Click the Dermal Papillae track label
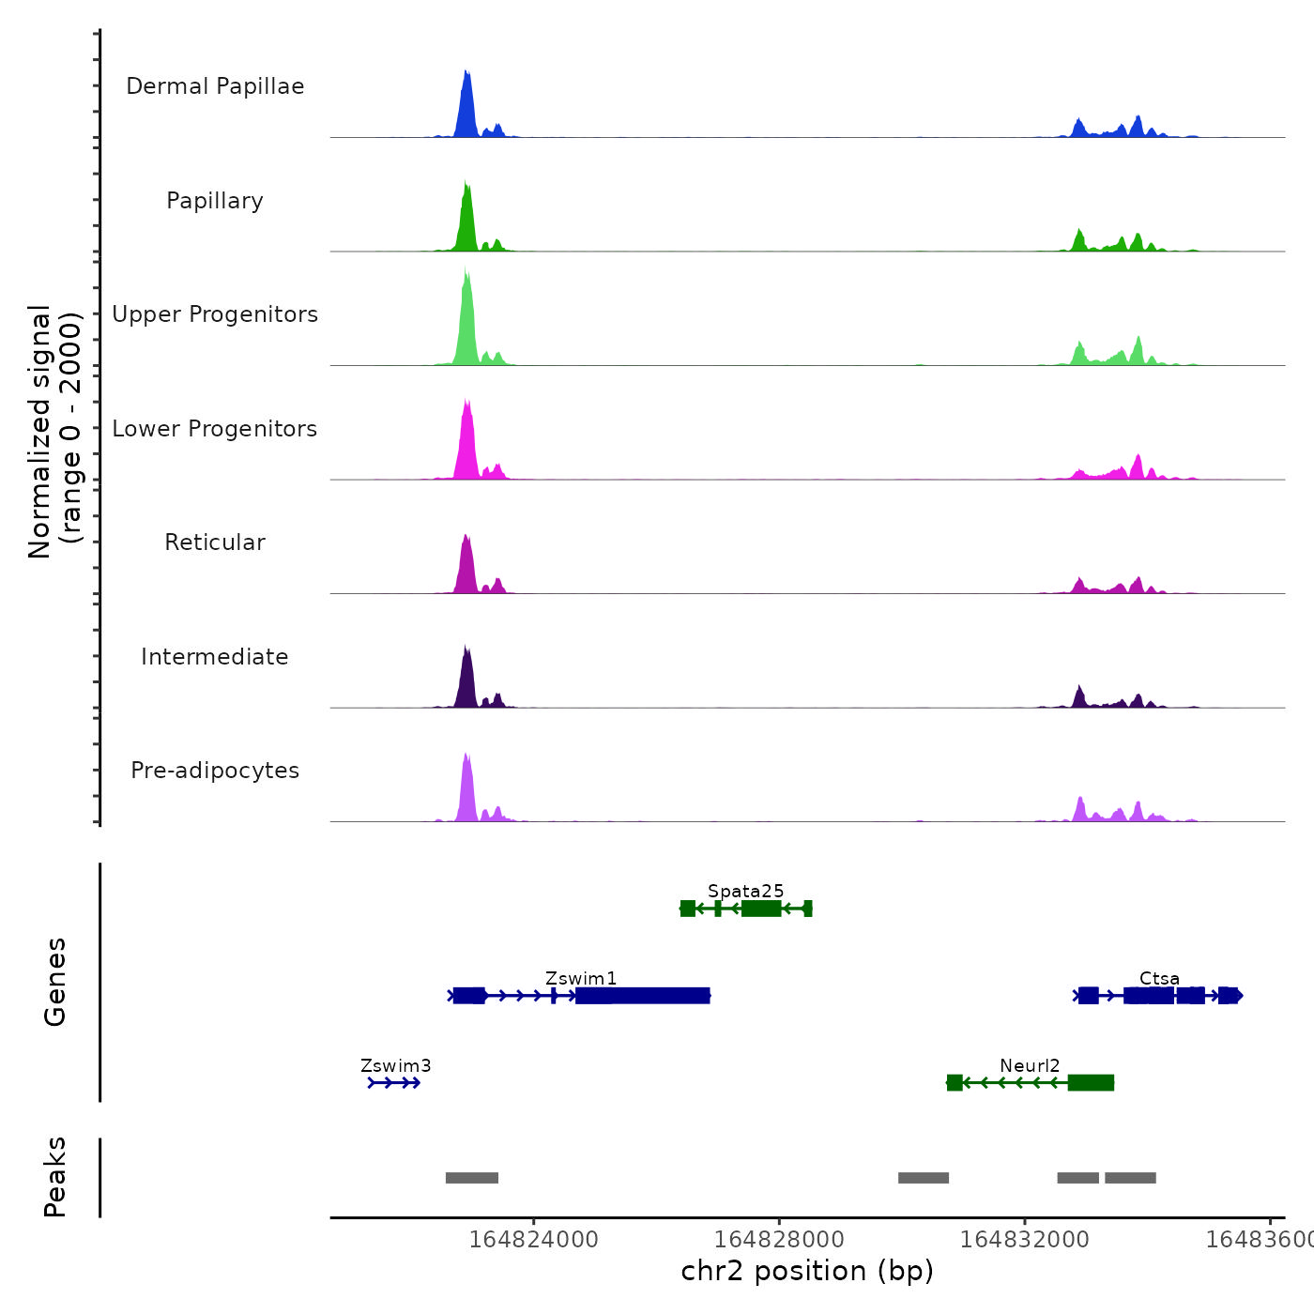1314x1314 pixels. click(215, 86)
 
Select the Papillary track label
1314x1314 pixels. click(215, 201)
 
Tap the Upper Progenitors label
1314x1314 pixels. click(215, 314)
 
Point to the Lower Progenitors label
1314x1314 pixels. click(215, 429)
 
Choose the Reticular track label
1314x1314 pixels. click(215, 542)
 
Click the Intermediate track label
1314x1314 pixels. click(215, 657)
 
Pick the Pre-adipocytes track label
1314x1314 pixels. click(215, 771)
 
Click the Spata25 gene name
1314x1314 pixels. click(746, 891)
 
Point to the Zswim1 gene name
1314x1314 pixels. click(581, 978)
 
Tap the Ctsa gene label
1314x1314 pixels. click(1159, 978)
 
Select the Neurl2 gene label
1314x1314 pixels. click(1030, 1065)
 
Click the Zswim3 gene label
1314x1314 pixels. click(396, 1065)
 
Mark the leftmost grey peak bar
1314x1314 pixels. click(472, 1178)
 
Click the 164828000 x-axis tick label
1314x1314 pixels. click(779, 1239)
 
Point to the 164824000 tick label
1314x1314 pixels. click(533, 1239)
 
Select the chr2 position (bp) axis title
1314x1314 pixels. click(807, 1271)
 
